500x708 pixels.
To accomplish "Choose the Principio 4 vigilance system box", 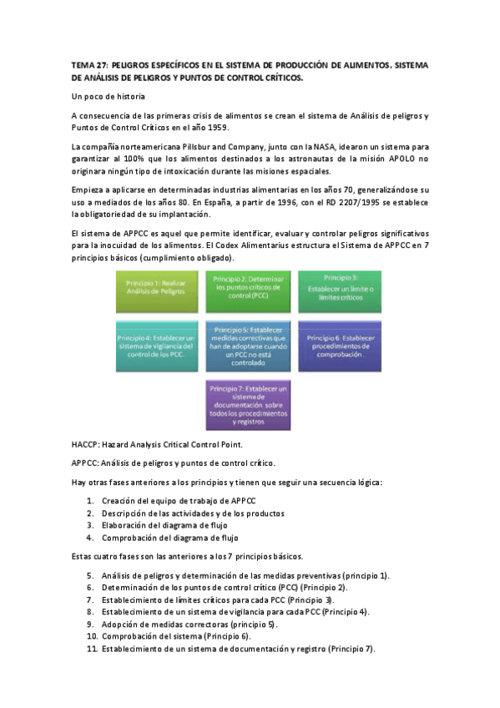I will point(159,345).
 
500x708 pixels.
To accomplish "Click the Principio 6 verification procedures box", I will point(340,345).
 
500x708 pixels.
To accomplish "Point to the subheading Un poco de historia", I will point(109,97).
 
